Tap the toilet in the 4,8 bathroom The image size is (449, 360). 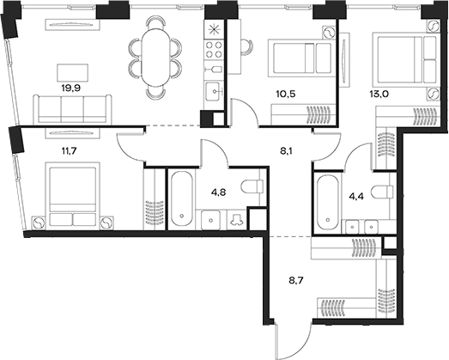tap(249, 186)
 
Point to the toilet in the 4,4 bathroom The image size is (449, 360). tap(383, 192)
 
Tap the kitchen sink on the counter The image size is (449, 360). tap(211, 87)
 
